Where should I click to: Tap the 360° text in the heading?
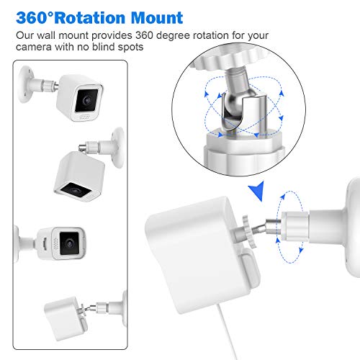(x=34, y=17)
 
